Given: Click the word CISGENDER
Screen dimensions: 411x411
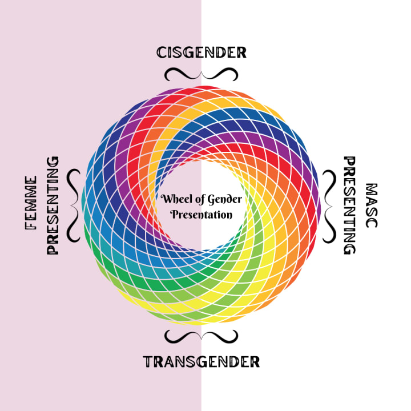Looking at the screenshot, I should (x=201, y=53).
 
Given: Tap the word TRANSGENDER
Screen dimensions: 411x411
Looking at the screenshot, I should (x=202, y=361).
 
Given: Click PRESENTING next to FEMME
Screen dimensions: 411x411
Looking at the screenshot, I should (x=53, y=205).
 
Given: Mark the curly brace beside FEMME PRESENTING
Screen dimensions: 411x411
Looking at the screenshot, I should (x=74, y=205).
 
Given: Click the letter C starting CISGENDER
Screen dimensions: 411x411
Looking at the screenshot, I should (x=162, y=53).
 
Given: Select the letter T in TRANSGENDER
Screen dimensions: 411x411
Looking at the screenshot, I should (x=147, y=361).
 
